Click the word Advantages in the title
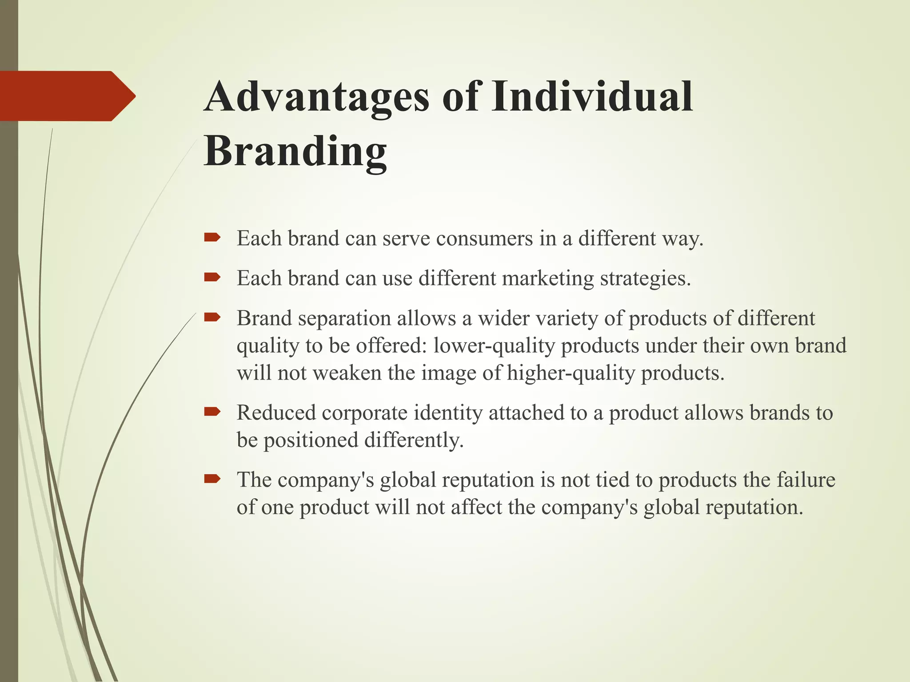316,97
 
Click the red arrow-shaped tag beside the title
67,96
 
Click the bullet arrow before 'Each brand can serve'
212,238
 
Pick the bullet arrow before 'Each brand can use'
212,278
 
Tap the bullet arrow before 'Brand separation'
212,317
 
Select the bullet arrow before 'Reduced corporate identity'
212,412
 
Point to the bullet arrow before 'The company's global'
212,479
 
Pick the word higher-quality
571,373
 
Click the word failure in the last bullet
806,480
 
